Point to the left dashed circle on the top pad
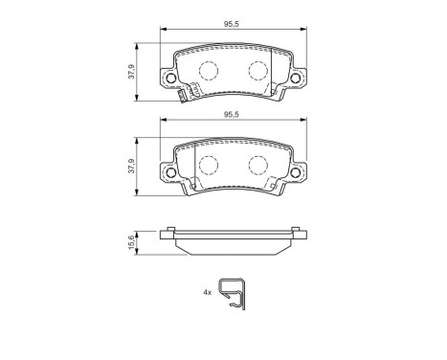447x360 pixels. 206,70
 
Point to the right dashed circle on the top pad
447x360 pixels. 257,70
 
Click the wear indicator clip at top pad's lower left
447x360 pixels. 187,93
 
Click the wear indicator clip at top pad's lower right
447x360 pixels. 279,93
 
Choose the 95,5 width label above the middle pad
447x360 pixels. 231,113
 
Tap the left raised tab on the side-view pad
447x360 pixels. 169,230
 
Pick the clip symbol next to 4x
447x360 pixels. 231,292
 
